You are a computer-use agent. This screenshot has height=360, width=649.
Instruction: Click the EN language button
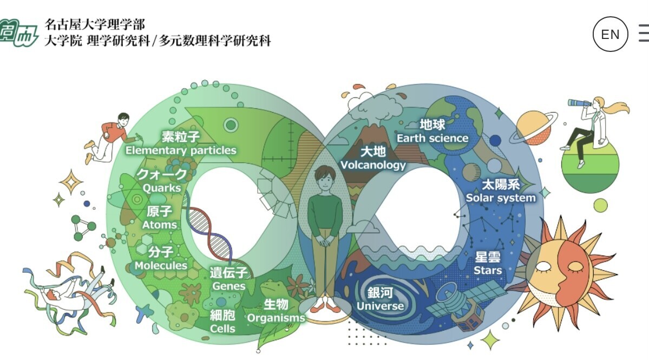click(x=610, y=34)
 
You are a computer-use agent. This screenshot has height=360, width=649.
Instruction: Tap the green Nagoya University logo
click(x=18, y=33)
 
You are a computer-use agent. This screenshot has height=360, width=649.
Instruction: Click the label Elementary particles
click(x=181, y=150)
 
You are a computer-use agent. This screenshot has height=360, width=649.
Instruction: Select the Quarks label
click(x=162, y=188)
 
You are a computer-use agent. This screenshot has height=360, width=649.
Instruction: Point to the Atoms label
click(x=159, y=225)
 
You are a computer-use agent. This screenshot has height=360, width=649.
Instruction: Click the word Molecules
click(x=161, y=265)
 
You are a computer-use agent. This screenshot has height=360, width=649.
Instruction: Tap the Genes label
click(x=229, y=286)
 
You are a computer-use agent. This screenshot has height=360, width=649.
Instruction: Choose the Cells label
click(x=222, y=329)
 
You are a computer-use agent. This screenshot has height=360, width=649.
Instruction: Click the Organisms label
click(x=276, y=318)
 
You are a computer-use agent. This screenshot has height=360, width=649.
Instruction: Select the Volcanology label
click(x=373, y=165)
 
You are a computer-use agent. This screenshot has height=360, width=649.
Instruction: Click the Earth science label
click(x=432, y=138)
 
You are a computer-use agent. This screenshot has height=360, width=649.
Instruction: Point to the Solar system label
click(x=501, y=198)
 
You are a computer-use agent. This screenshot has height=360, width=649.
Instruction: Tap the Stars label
click(x=488, y=270)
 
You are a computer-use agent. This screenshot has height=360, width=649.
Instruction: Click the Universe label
click(x=380, y=306)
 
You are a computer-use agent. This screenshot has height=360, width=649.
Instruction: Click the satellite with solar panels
click(x=466, y=305)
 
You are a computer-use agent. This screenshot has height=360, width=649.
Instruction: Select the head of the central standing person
click(x=325, y=179)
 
